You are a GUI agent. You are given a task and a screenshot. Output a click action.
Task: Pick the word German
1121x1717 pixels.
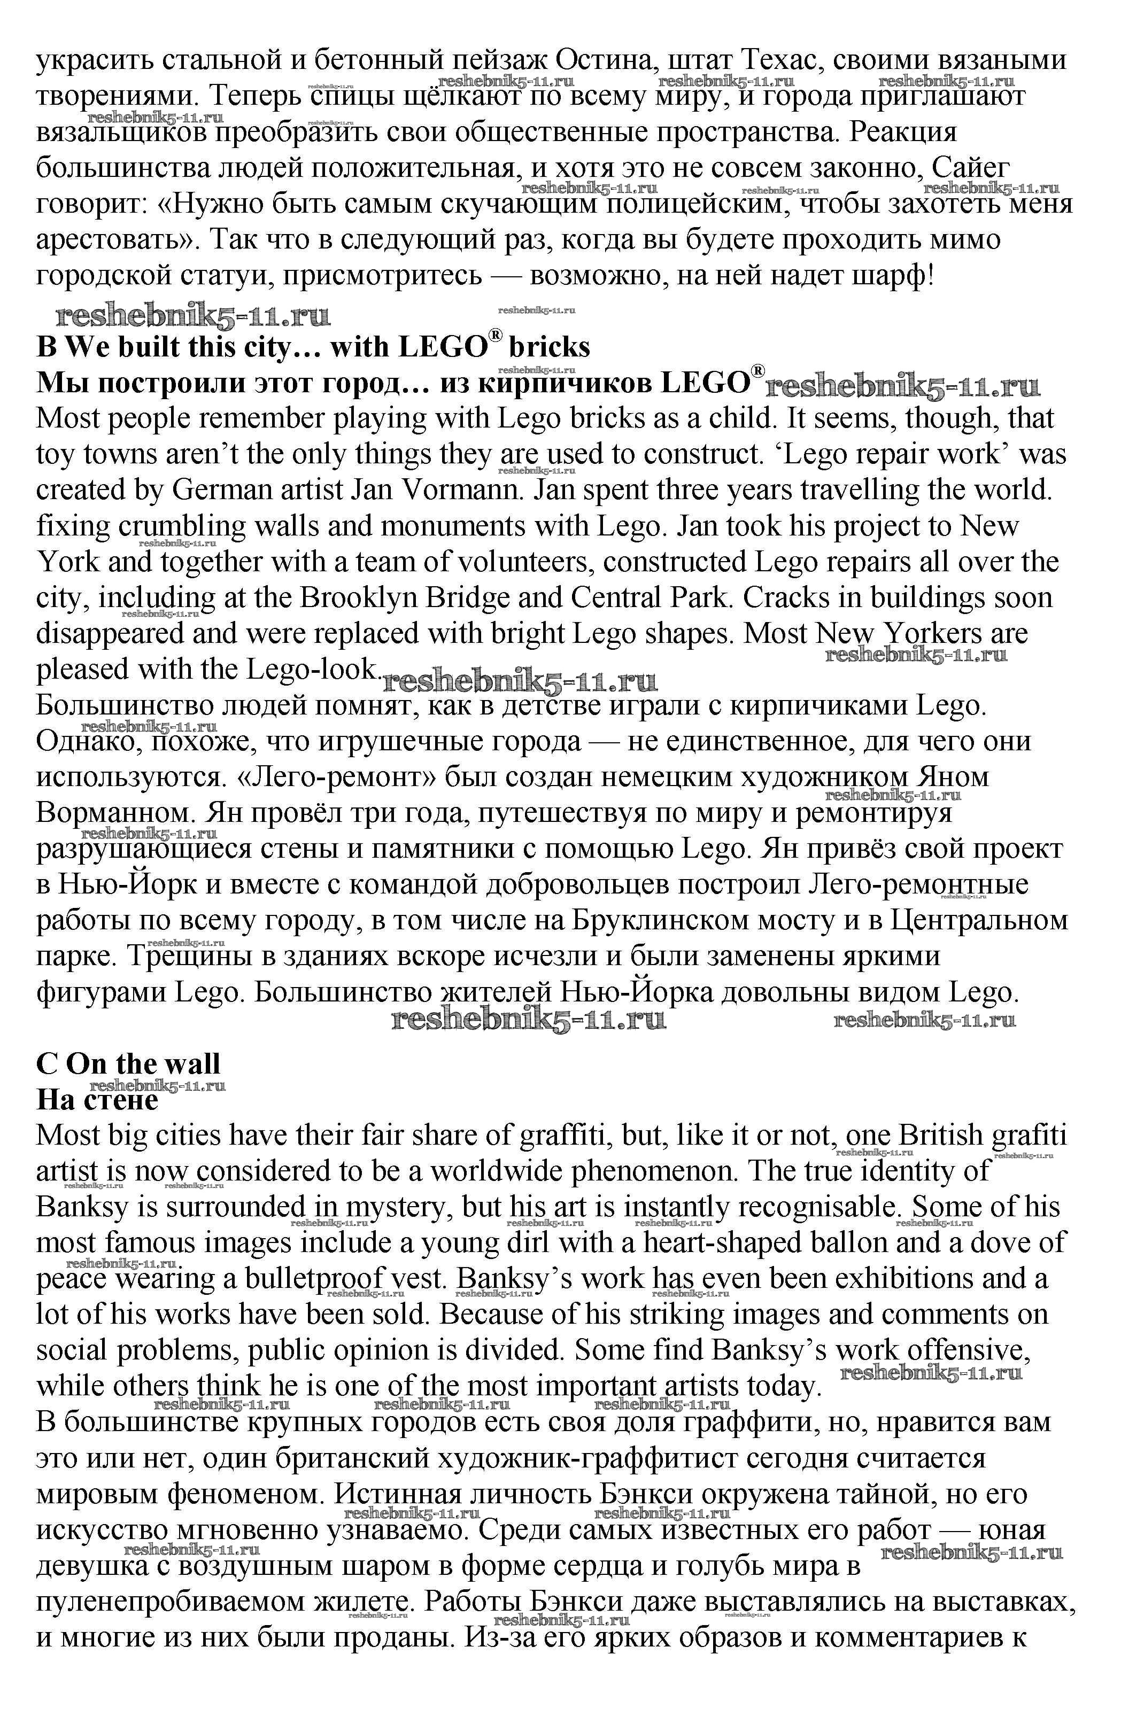click(228, 490)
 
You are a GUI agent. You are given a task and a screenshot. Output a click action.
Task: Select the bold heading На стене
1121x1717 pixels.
click(97, 1099)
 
